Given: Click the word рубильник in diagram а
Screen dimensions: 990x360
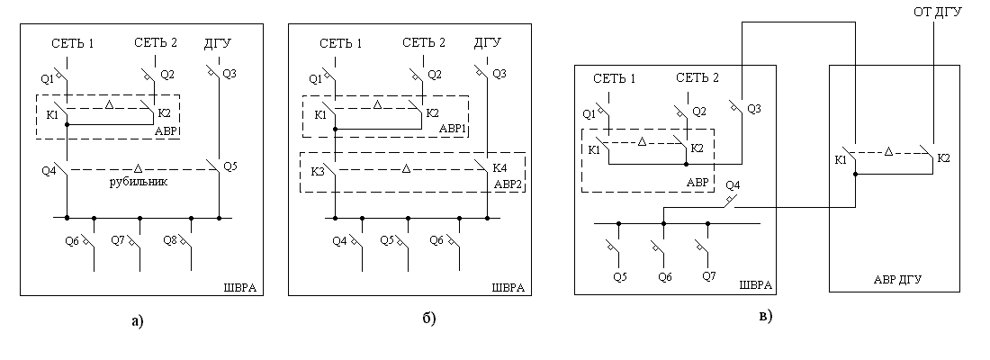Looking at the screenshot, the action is [139, 183].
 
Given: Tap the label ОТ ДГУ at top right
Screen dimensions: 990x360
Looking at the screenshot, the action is [938, 13].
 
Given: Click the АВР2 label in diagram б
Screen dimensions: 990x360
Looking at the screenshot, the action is [508, 185].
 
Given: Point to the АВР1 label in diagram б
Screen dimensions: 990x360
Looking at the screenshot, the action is [453, 130].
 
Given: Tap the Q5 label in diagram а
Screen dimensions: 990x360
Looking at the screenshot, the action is [230, 166].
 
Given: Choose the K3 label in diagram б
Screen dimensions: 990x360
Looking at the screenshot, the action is [319, 171].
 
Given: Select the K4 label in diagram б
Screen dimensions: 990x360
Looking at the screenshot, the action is [499, 169].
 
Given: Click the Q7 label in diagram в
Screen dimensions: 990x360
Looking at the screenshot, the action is [709, 276].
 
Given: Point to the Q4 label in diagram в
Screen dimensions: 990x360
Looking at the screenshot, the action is [733, 185].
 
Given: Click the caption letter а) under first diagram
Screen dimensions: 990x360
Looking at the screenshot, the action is [138, 321].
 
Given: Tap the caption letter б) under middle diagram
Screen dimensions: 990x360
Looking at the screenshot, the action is [429, 318].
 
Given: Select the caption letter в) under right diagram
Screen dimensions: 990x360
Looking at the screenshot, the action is [765, 316].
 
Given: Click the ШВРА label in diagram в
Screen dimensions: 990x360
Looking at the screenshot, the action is [756, 285].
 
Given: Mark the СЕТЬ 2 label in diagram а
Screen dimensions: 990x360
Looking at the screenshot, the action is [156, 43].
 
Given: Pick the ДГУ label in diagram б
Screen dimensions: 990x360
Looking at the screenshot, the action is [488, 43].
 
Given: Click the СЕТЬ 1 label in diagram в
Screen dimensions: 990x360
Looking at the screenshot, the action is [615, 78].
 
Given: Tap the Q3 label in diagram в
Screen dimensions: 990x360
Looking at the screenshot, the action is [754, 109].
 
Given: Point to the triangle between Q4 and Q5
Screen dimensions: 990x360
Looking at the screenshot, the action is [139, 168].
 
